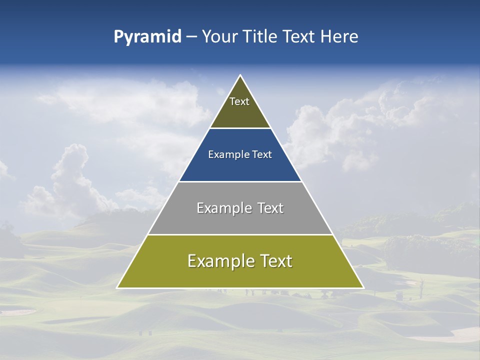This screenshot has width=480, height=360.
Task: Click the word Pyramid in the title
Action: pos(147,37)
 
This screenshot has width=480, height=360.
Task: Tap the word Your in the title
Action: pos(219,37)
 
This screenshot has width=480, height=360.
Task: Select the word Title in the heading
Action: pos(259,37)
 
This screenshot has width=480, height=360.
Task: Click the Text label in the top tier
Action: pos(239,101)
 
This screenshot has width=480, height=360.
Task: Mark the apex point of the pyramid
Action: pos(240,75)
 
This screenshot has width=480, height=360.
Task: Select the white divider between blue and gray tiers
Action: pos(240,181)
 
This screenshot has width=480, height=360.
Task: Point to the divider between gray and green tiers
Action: pos(240,234)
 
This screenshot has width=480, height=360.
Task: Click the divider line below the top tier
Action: pos(240,128)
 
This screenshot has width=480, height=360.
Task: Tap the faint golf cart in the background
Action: pos(400,296)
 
